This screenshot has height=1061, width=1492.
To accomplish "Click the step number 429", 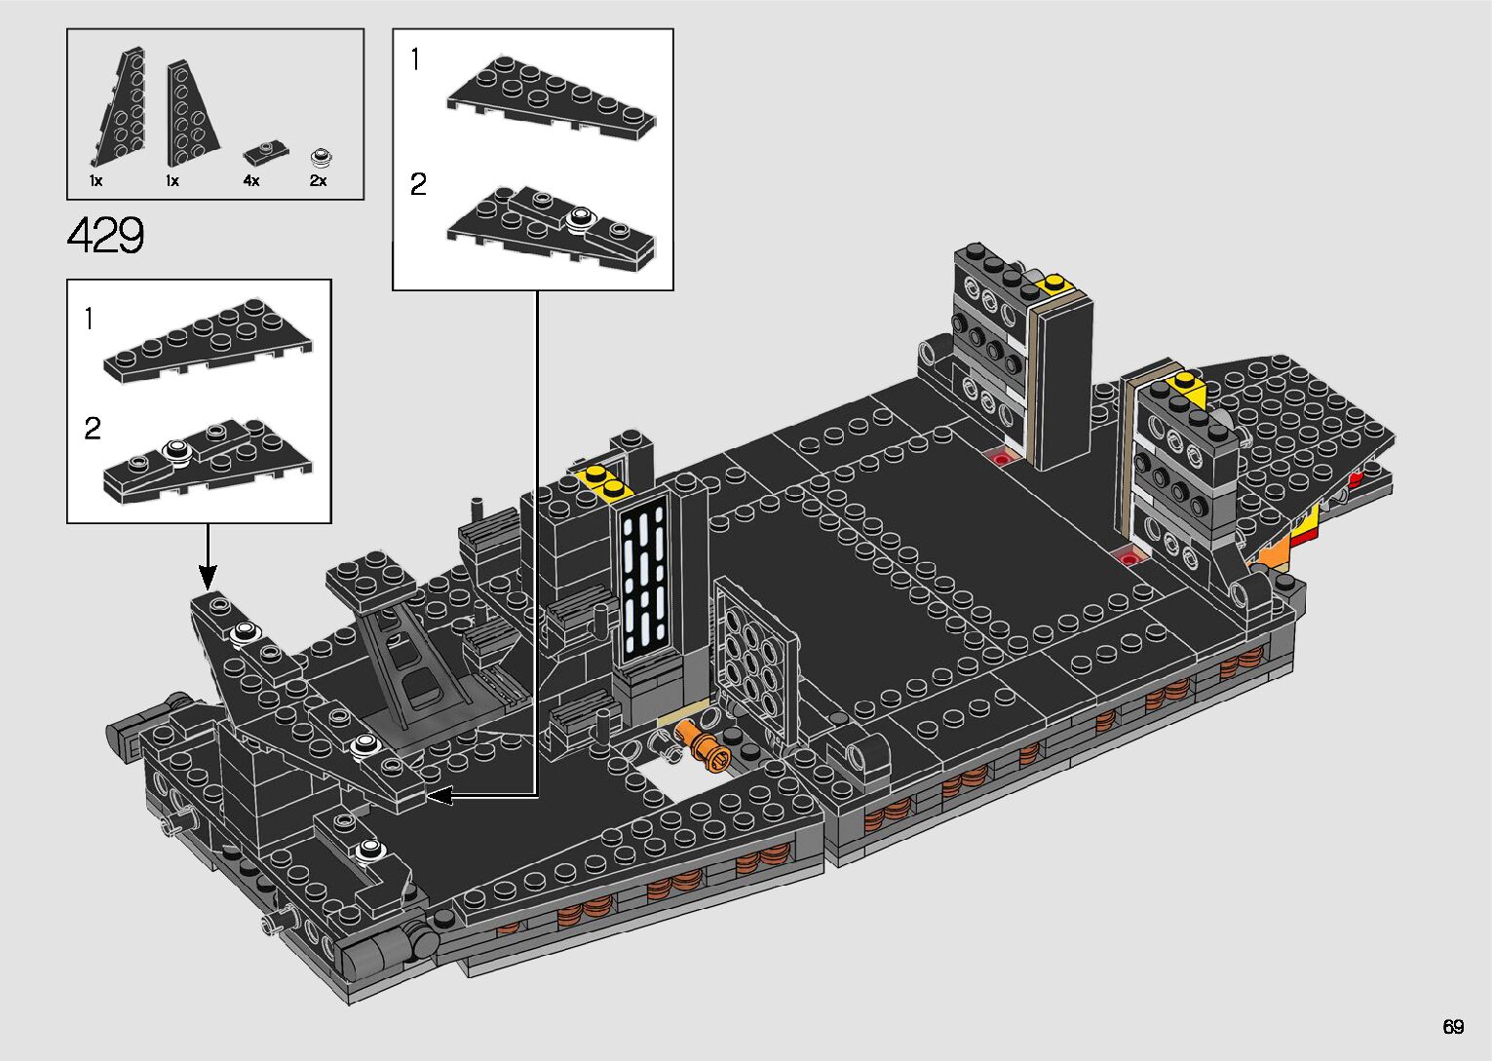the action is click(x=106, y=235).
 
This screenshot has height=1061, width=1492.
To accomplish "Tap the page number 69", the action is click(x=1453, y=1027).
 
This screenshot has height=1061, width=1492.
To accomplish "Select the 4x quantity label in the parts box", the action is click(x=251, y=181).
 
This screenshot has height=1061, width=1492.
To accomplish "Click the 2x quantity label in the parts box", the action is click(x=319, y=181).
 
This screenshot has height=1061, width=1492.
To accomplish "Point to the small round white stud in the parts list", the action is click(x=321, y=157).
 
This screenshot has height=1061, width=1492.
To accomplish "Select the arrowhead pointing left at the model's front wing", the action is click(x=441, y=796).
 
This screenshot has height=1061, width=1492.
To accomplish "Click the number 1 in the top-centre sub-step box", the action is click(x=415, y=60).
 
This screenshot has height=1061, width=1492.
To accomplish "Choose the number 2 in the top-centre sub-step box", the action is click(x=418, y=184).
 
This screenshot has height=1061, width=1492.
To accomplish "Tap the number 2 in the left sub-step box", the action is click(x=93, y=429).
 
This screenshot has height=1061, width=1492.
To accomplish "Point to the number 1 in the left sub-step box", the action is click(x=90, y=319).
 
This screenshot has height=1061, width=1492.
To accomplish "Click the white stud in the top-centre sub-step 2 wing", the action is click(x=581, y=217).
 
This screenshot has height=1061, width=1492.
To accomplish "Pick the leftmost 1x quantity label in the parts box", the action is click(x=96, y=181).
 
